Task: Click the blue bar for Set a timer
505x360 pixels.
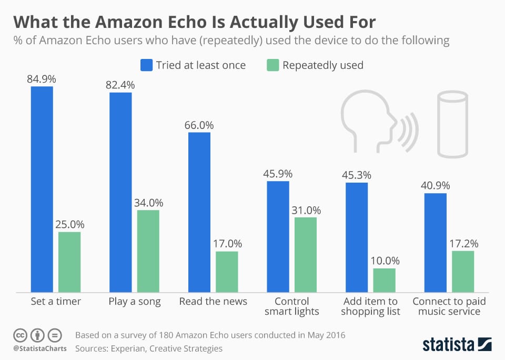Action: coord(42,189)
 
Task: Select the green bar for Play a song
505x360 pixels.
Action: coord(148,251)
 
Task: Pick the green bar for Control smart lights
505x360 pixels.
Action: coord(305,255)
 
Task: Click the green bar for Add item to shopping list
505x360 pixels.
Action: coord(384,280)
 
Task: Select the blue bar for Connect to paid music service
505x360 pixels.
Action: coord(435,243)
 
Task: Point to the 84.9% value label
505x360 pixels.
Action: coord(42,79)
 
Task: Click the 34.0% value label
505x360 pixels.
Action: coord(148,203)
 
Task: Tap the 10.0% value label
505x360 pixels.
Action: coord(384,261)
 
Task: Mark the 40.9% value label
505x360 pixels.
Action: coord(435,185)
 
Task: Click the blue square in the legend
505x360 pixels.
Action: coord(146,65)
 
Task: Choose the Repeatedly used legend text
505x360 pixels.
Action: coord(322,65)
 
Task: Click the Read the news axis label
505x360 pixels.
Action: coord(213,302)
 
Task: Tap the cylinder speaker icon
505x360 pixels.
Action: coord(452,124)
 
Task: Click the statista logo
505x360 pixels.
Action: coord(457,344)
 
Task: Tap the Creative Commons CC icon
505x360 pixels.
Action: coord(20,335)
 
